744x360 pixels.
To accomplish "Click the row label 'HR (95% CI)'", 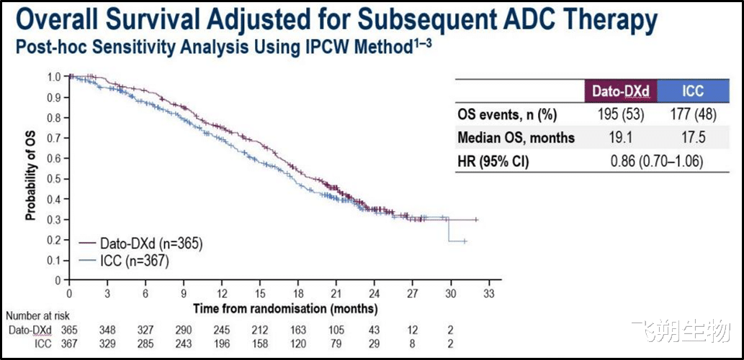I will point(494,162).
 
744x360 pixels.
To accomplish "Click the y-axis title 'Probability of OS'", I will point(31,177).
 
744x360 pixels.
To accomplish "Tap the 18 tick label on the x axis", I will point(297,294).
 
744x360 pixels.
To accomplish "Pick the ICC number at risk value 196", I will point(221,343).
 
